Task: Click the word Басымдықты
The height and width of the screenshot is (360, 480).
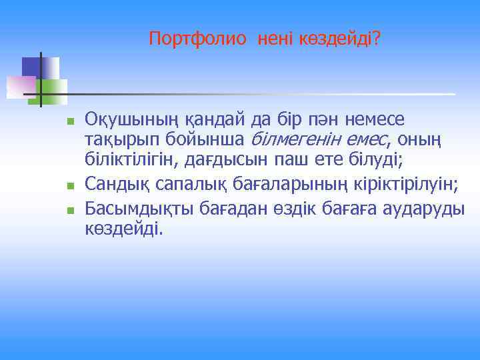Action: pos(137,209)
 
